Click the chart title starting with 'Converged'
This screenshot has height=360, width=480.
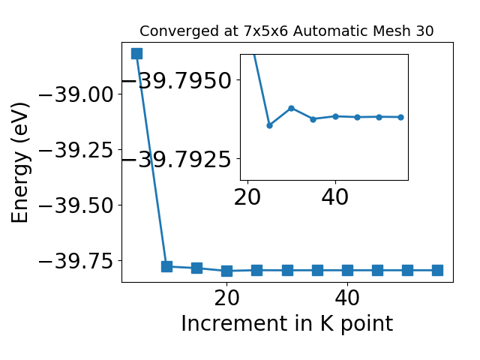(286, 31)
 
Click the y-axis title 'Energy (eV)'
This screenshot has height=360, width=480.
(20, 163)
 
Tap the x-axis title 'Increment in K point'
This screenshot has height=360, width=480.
(286, 323)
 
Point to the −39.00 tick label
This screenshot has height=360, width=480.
(76, 94)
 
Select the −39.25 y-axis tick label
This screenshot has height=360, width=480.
(76, 150)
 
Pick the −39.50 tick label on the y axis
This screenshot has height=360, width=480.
(76, 205)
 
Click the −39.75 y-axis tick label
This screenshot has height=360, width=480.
(76, 261)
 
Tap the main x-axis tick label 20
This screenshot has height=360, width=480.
(226, 298)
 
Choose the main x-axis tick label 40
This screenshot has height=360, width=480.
(347, 298)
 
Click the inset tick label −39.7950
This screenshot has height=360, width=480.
(177, 80)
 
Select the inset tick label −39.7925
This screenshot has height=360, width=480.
(177, 159)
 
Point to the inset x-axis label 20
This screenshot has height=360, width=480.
(247, 196)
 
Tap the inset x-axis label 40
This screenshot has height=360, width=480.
(335, 196)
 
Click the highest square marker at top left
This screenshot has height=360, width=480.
(136, 53)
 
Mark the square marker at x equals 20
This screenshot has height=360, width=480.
(226, 271)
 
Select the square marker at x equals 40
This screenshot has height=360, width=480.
(347, 270)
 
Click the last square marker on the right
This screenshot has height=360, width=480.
(438, 270)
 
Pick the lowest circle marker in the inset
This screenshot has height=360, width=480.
(269, 125)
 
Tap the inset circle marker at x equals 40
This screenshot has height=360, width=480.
(335, 116)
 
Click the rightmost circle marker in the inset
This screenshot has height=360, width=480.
(401, 117)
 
